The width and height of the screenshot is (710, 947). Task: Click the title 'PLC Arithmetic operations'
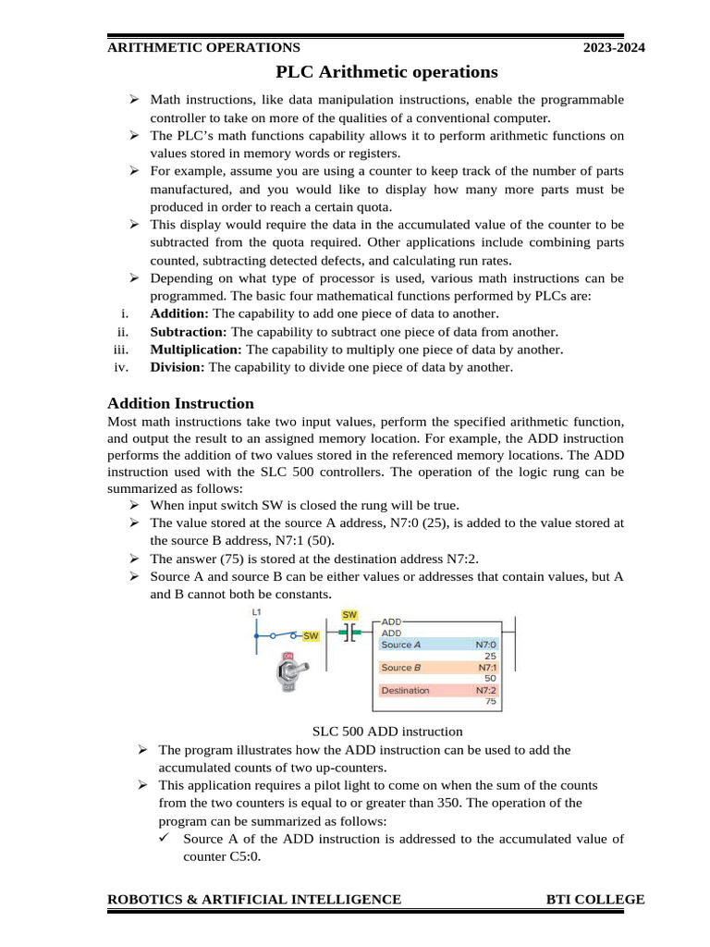pos(386,72)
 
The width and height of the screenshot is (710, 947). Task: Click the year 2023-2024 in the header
pos(614,48)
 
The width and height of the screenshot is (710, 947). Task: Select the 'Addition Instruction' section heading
pos(180,403)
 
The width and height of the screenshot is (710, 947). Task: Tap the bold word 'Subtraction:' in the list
pos(188,332)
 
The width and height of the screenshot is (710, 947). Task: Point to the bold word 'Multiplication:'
pos(196,350)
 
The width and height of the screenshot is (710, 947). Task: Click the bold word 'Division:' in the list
pos(178,367)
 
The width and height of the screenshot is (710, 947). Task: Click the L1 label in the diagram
pos(256,613)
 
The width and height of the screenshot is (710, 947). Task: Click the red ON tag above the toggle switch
pos(288,656)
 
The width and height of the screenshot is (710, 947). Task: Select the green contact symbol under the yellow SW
pos(349,633)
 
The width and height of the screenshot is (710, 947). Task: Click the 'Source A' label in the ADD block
pos(401,645)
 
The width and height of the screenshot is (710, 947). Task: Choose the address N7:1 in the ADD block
pos(486,667)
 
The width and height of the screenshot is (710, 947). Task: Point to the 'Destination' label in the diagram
pos(405,690)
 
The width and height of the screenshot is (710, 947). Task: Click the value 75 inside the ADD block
pos(491,702)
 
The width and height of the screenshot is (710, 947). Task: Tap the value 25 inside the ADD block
pos(491,656)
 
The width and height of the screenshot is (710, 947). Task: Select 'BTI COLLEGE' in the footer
pos(595,900)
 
